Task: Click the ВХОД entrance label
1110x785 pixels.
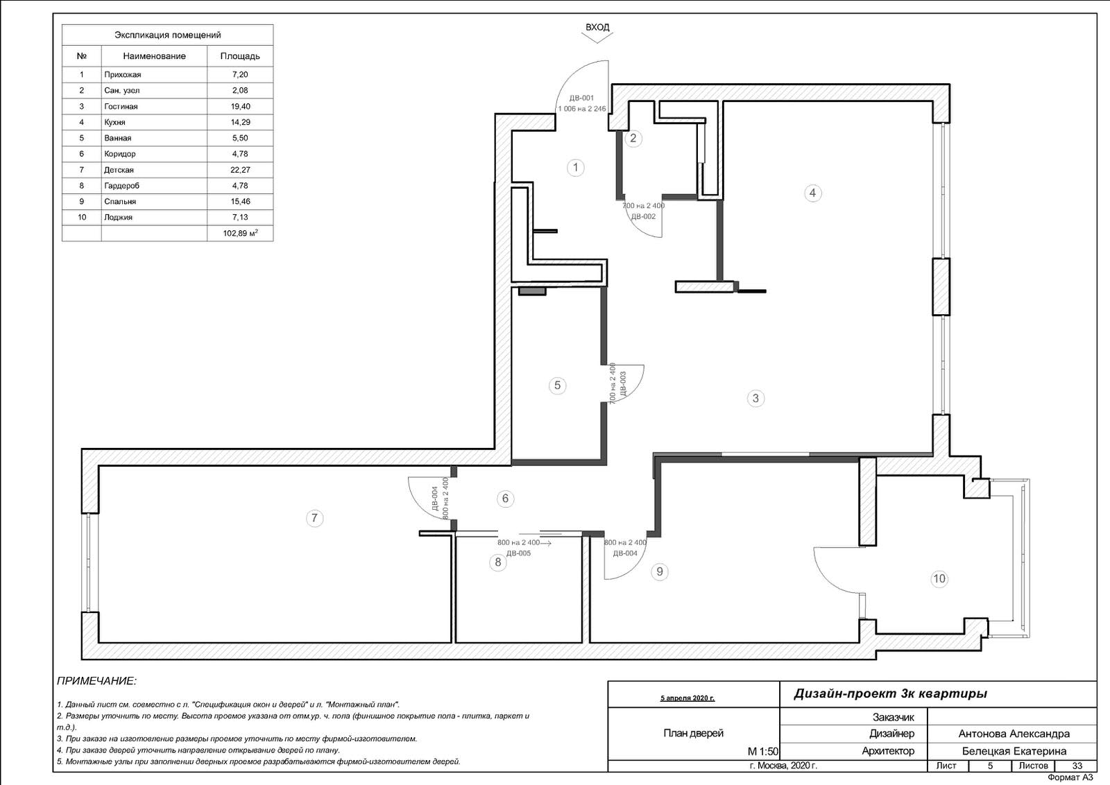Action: [x=597, y=27]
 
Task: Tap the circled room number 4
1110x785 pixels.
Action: [x=812, y=193]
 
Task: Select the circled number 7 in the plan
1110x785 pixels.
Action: [x=314, y=518]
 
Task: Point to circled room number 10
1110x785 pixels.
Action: [x=939, y=578]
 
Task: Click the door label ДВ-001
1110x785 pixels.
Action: [x=581, y=98]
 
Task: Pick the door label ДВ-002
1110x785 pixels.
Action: [x=643, y=216]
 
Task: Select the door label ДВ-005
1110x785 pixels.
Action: [x=518, y=553]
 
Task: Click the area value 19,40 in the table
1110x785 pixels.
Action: [x=240, y=107]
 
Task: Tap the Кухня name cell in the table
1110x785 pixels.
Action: [x=114, y=122]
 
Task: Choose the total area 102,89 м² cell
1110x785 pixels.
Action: [x=240, y=233]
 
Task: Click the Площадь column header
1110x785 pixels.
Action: [x=240, y=56]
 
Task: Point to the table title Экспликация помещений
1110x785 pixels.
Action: [x=167, y=35]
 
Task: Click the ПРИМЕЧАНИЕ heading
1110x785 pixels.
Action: [x=96, y=681]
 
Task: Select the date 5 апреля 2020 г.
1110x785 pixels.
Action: [x=688, y=698]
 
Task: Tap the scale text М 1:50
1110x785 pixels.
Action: [x=762, y=751]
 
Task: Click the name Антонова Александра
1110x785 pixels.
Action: [x=1014, y=734]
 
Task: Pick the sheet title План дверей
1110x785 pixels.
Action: [x=693, y=733]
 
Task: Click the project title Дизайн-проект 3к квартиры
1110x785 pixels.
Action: [x=891, y=694]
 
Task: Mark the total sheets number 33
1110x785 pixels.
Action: [x=1077, y=766]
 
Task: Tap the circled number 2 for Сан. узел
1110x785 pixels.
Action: [x=633, y=138]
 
